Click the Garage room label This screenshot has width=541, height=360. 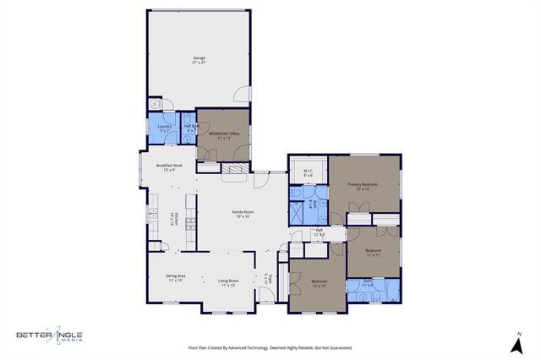pos(199,60)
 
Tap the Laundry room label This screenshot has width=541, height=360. pos(165,128)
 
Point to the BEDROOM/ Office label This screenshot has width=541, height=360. pos(224,135)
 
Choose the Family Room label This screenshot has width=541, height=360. pos(243,214)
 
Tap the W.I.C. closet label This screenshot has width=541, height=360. pos(309,173)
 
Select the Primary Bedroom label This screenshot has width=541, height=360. pos(363,186)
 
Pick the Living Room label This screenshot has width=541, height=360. pos(228,283)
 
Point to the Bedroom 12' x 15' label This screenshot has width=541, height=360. pos(319,282)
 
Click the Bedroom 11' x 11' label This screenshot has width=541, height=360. pos(374,253)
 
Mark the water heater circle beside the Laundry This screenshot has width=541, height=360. pos(154,104)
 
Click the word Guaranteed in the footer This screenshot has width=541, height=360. pos(337,347)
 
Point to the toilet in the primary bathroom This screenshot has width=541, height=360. pos(298,194)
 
